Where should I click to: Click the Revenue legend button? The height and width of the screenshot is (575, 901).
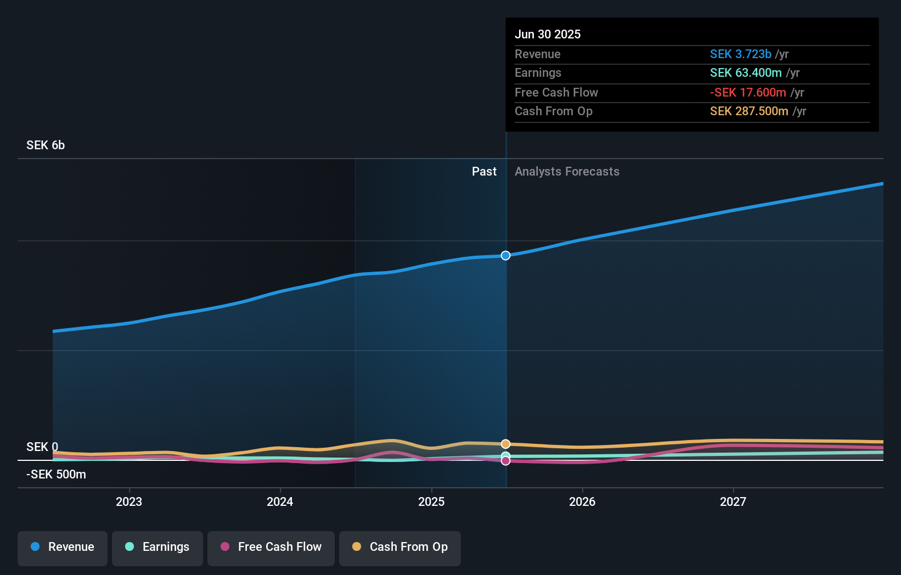click(63, 548)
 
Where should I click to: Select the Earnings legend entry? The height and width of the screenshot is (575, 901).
click(157, 548)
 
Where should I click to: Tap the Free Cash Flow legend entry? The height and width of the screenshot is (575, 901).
click(271, 548)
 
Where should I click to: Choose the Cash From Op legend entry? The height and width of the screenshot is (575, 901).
click(400, 548)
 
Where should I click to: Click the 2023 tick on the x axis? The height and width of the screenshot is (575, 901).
click(129, 501)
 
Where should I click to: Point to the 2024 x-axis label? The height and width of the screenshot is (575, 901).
click(280, 501)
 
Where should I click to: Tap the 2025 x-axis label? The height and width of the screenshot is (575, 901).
click(431, 501)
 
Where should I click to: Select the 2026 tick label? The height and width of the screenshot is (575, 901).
click(582, 501)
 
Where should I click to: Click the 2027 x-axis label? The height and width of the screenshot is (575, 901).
click(733, 501)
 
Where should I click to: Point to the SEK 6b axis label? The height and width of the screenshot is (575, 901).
click(46, 145)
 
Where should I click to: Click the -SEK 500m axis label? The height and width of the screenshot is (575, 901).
click(56, 475)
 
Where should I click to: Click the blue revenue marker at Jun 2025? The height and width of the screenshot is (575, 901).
click(505, 256)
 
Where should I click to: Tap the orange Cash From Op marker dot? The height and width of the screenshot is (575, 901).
click(505, 444)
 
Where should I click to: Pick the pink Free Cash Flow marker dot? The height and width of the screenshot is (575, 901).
click(505, 461)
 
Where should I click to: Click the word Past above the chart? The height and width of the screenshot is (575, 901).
click(484, 172)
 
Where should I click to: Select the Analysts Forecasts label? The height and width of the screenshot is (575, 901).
click(567, 172)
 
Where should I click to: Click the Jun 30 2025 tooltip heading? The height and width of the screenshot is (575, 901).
click(547, 35)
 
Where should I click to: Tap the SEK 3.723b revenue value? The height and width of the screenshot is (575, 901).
click(740, 54)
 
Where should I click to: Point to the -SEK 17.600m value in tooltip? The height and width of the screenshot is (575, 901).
click(748, 93)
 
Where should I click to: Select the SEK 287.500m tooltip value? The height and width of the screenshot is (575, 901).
click(749, 111)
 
